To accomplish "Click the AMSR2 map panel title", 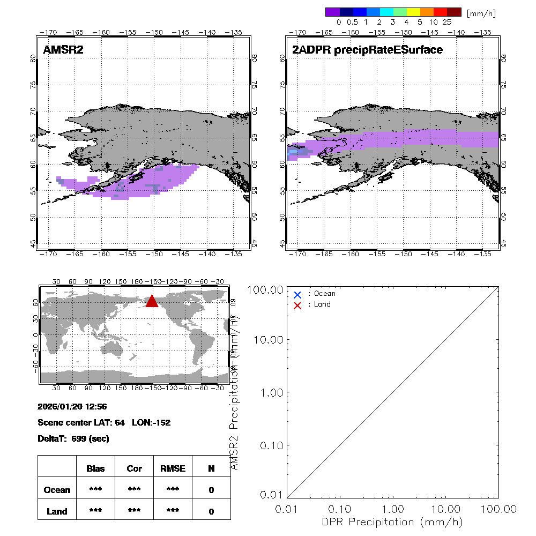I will coord(63,50).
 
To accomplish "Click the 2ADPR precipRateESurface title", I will coord(367,50).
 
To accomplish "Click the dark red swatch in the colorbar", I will coord(454,12).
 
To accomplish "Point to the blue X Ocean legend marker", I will coord(297,294).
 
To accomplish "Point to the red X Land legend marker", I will coord(297,305).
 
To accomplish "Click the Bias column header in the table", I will coord(95,468).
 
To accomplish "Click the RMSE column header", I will coord(173,468).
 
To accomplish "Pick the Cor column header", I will coord(134,468).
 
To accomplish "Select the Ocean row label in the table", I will coord(57,490).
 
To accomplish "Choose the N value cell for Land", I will coord(211,511).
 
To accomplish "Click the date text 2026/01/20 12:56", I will coord(72,407).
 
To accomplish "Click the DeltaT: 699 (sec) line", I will coord(73,438).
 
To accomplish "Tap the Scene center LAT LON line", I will coord(104,422).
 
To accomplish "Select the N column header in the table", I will coord(211,468).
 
